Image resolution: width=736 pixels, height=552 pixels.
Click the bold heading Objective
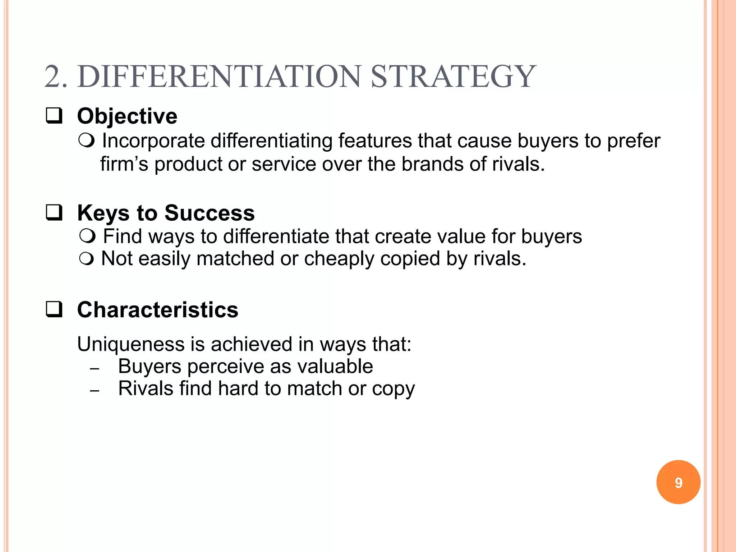point(127,116)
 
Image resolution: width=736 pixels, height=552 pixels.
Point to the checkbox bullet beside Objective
point(54,116)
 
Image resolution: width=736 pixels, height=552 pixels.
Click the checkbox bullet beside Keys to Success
point(54,212)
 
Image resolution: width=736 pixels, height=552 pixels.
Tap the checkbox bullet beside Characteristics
point(54,309)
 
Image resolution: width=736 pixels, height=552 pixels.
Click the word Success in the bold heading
point(210,213)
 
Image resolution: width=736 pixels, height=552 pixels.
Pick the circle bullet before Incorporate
point(87,140)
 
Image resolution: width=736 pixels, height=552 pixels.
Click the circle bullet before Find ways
point(87,236)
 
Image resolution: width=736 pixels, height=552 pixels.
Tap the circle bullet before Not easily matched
point(87,258)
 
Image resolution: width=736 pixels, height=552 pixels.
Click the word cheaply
point(339,259)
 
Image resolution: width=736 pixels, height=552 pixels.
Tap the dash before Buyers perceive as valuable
point(95,369)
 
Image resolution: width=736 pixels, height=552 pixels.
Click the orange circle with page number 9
point(678,482)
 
